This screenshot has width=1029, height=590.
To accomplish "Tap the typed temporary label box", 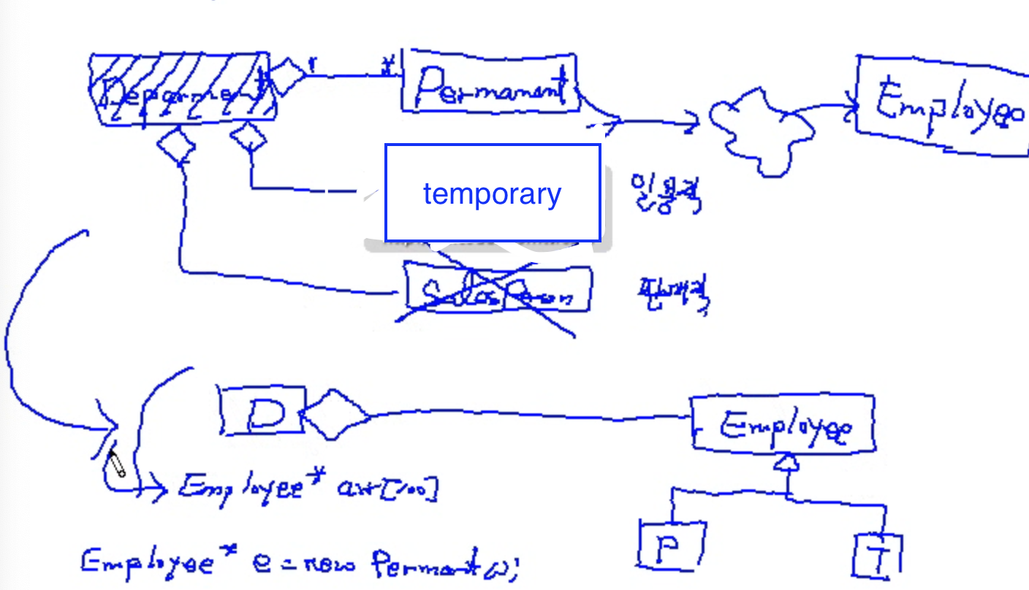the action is pos(493,194).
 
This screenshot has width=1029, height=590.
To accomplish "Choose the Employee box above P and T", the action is pos(782,424).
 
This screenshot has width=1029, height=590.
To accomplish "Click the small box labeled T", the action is pos(877,556).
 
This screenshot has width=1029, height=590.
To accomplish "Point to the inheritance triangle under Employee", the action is pos(786,462).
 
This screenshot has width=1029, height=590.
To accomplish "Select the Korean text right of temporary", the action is pos(665,194).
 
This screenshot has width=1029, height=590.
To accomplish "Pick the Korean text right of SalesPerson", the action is pos(672,295).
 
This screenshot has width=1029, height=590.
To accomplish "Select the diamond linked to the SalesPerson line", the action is pos(176,145).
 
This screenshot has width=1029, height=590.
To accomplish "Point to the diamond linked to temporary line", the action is pos(248,136).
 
